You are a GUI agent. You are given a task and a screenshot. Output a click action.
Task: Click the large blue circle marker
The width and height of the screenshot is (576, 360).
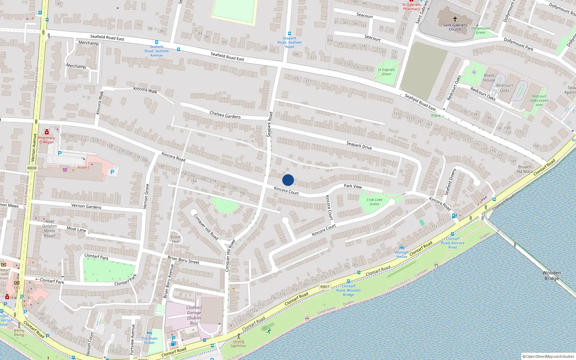(x=288, y=180)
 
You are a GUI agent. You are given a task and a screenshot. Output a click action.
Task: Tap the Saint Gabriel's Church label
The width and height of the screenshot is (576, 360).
(x=455, y=27)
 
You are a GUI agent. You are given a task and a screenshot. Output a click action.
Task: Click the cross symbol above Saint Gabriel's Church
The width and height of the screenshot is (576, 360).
(x=455, y=19)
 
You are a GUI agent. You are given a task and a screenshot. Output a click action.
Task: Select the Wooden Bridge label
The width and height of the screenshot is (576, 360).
(x=552, y=276)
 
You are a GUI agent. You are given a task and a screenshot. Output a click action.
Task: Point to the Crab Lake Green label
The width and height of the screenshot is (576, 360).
(x=374, y=202)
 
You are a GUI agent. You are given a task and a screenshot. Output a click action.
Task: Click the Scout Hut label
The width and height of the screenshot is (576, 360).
(x=175, y=239)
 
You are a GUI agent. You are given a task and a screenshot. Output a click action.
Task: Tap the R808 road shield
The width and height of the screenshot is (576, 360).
(x=32, y=168)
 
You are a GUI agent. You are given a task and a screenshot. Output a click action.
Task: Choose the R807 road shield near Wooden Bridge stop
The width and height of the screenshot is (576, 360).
(x=325, y=287)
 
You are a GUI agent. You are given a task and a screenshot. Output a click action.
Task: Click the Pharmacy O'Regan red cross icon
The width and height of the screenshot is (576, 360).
(x=46, y=132)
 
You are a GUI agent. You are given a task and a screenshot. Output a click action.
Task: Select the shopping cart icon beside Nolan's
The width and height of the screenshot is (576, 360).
(x=65, y=170)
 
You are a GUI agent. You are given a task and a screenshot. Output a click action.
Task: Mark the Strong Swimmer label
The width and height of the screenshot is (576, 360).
(x=238, y=344)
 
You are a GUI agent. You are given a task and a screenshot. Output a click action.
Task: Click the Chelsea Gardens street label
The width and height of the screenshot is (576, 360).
(x=225, y=115)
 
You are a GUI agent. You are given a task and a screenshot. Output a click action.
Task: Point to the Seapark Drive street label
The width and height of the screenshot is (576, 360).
(x=359, y=145)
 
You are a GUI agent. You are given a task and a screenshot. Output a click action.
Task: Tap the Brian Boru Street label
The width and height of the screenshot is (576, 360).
(x=183, y=260)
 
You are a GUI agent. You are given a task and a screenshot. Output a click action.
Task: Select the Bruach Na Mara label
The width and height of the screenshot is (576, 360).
(x=525, y=169)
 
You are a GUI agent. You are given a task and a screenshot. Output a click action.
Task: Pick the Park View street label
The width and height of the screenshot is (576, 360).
(x=353, y=186)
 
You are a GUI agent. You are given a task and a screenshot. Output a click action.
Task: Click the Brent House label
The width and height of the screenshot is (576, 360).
(x=489, y=78)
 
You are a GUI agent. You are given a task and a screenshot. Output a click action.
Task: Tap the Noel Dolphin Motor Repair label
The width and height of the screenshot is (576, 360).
(x=50, y=229)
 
